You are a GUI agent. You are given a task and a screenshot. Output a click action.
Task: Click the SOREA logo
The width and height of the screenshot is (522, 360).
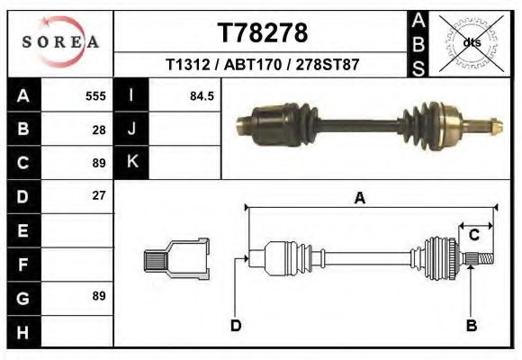pos(60,41)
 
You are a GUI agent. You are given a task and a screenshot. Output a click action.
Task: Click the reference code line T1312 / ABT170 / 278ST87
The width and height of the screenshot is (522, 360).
pos(263,66)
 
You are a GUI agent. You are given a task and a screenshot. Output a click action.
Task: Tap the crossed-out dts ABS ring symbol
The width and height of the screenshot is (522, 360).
pos(469,41)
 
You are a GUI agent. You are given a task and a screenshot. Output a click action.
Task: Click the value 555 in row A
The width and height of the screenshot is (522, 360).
pos(95,95)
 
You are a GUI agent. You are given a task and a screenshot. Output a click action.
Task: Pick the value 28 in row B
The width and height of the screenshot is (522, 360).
pos(99,129)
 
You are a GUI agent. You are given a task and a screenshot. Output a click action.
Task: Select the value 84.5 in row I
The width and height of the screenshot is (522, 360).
pos(201,95)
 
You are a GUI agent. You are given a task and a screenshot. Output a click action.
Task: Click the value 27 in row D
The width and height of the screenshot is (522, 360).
pos(99,195)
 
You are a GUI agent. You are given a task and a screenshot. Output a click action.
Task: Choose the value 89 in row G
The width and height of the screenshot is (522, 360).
pos(99,296)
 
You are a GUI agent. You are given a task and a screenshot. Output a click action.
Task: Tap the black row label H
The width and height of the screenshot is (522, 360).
pos(23,330)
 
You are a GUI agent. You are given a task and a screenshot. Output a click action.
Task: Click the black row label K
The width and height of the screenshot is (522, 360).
pos(131,162)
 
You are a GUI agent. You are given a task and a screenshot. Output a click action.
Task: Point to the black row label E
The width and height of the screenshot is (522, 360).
pos(23,229)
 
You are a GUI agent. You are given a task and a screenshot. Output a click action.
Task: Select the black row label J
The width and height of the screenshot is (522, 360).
pos(131,129)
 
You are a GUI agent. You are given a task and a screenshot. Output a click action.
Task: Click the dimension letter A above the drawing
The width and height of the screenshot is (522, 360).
pos(359,199)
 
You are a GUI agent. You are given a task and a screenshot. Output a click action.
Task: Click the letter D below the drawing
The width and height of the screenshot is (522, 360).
pos(235,325)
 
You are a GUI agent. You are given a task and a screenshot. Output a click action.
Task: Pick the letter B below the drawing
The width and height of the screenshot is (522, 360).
pos(471,325)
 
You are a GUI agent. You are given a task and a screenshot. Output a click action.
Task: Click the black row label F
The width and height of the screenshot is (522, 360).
pos(23,263)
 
